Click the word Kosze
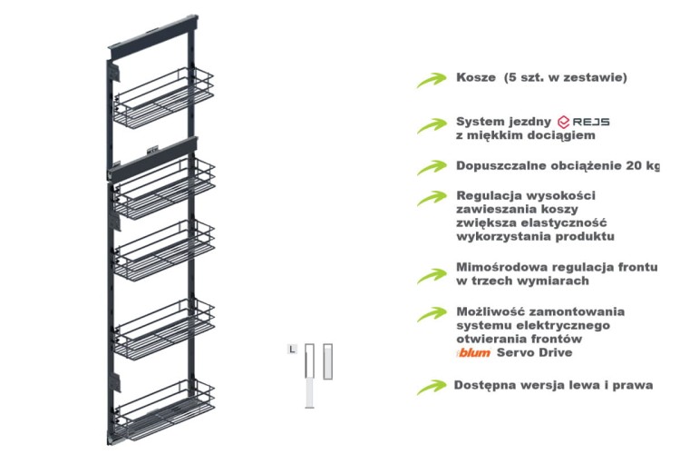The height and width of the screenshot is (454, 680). tap(477, 77)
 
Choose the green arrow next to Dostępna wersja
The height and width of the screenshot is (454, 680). tap(431, 387)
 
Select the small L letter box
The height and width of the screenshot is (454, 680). tap(291, 349)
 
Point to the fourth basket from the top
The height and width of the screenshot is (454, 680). tap(165, 321)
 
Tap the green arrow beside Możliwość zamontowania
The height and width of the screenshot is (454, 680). tap(431, 314)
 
